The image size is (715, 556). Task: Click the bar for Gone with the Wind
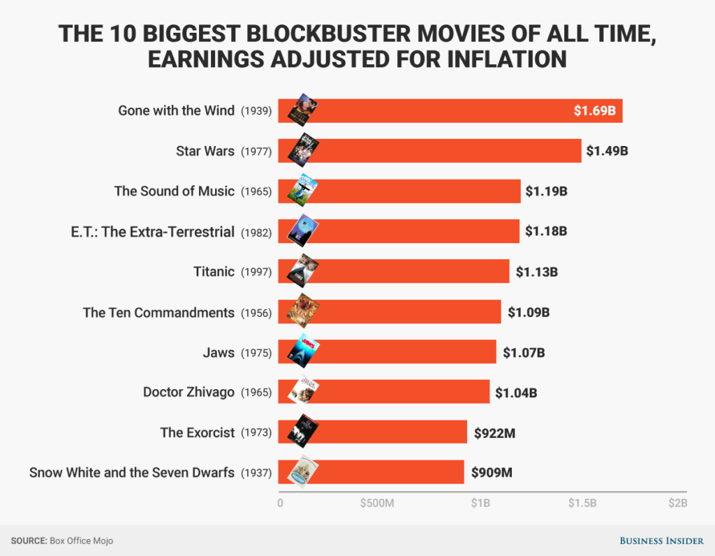(x=447, y=111)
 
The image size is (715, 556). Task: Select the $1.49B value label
(x=607, y=151)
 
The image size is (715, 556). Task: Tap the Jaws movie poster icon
(x=304, y=351)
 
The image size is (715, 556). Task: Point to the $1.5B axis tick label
(x=582, y=503)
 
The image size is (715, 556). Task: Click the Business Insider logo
(x=661, y=541)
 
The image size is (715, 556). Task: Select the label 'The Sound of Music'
(x=175, y=191)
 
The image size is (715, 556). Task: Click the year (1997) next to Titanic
(x=256, y=272)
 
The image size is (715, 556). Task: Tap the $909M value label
(x=492, y=472)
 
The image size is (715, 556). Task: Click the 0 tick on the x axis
(x=280, y=503)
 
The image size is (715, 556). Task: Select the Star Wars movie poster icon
(x=304, y=150)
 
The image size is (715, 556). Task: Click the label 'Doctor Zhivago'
(x=189, y=392)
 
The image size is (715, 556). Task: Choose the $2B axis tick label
(x=677, y=503)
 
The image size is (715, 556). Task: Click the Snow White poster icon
(x=304, y=471)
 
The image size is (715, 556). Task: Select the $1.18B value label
(x=546, y=231)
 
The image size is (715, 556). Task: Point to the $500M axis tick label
(x=377, y=503)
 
